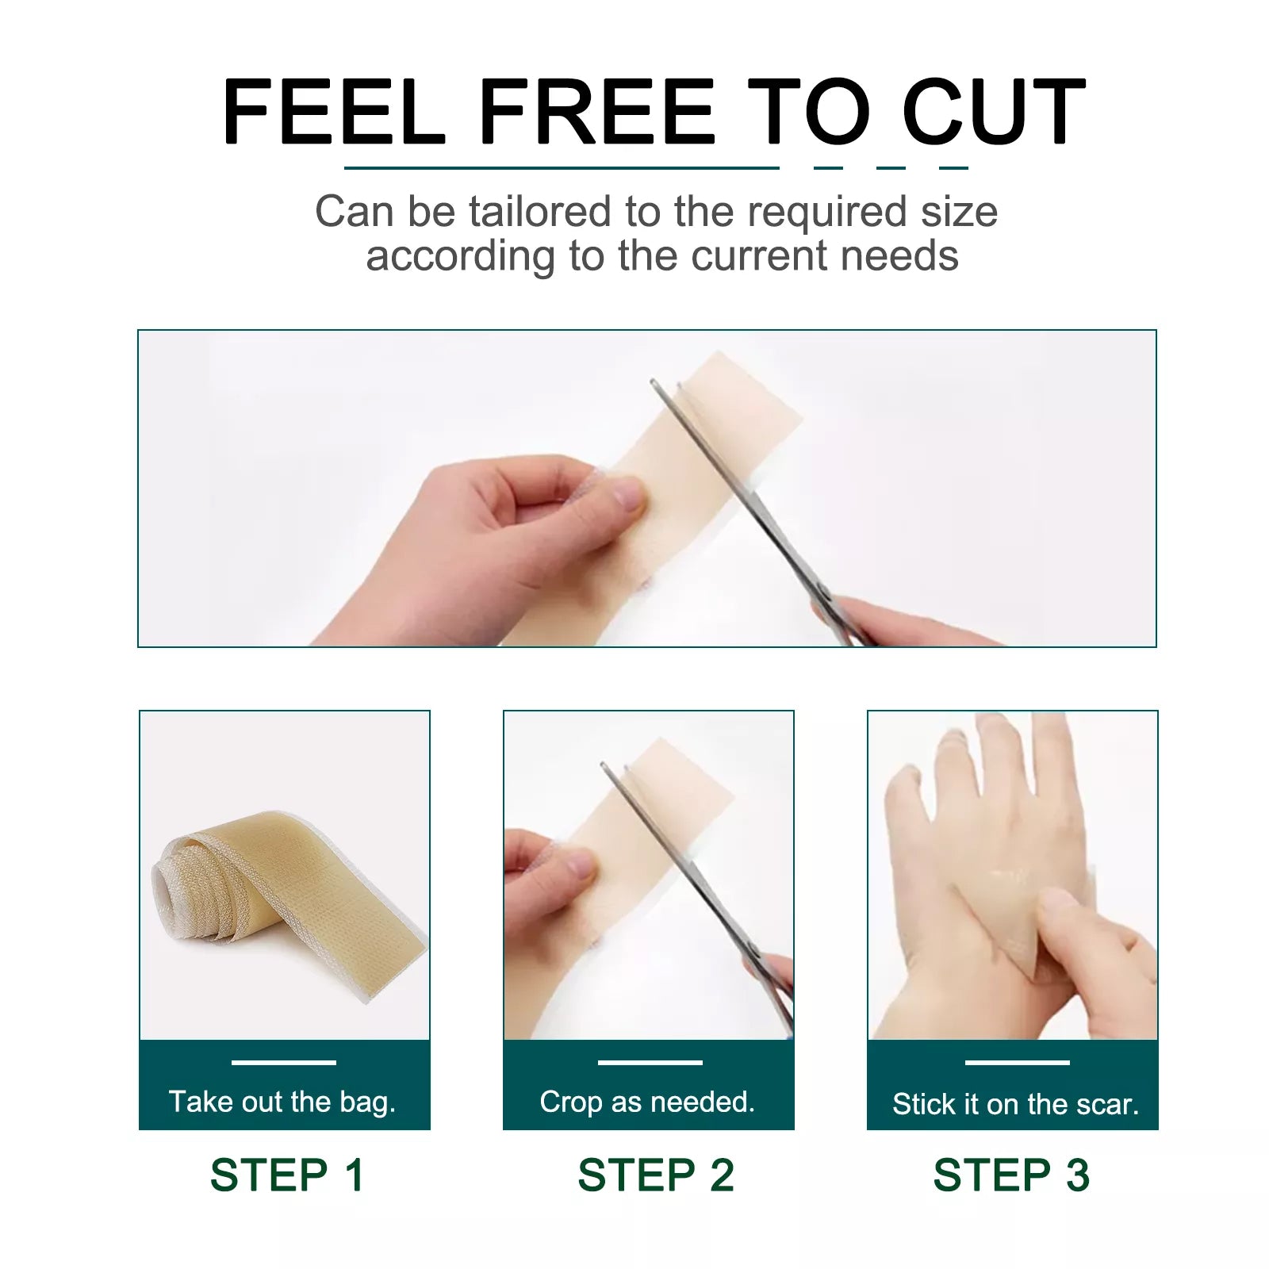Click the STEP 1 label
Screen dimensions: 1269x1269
click(287, 1175)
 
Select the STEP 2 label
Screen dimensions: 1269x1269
click(656, 1175)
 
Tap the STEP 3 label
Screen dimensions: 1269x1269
click(1011, 1175)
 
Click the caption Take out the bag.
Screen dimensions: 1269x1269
click(282, 1102)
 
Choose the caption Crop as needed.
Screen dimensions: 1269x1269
click(647, 1102)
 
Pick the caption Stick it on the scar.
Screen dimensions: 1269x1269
click(1015, 1104)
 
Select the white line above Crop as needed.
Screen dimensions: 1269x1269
click(650, 1062)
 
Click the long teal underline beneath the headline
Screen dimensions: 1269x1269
click(562, 168)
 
